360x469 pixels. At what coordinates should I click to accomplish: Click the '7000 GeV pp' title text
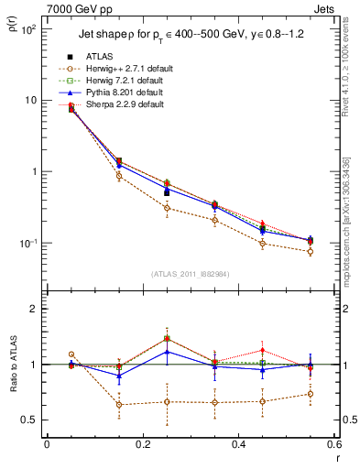76,8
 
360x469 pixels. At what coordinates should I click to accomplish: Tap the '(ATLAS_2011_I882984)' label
190,275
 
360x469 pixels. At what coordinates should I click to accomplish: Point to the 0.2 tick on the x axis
142,444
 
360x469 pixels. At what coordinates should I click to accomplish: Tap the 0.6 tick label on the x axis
332,444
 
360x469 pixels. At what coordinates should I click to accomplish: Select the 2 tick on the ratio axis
34,309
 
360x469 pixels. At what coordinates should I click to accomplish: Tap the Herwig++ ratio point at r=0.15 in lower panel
119,404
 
